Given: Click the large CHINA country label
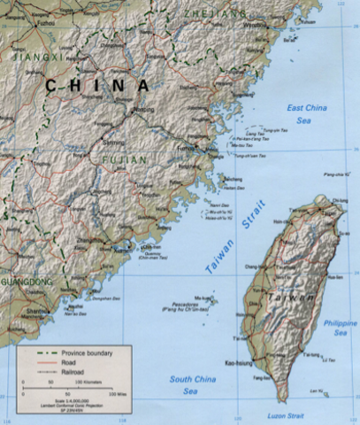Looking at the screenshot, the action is [98, 85].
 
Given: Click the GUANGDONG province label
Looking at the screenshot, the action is [27, 282].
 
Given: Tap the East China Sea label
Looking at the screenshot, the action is [307, 113].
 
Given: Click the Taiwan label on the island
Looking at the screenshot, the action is [294, 299].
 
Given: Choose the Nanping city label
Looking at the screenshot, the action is [142, 111].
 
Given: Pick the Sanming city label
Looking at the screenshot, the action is [114, 142].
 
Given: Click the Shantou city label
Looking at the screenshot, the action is [36, 311].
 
